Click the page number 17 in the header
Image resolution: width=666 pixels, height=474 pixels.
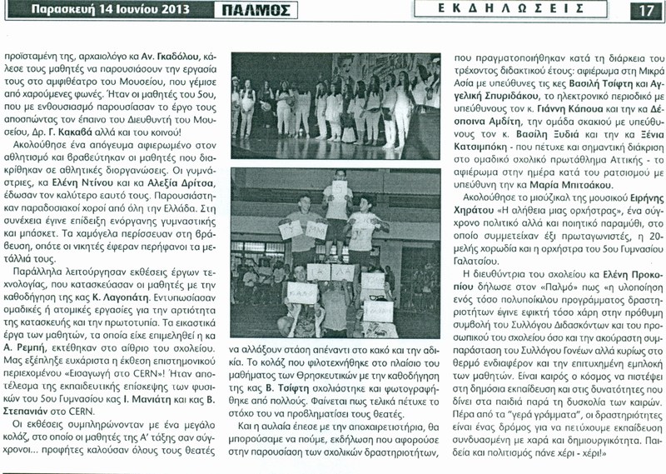[x=646, y=11]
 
